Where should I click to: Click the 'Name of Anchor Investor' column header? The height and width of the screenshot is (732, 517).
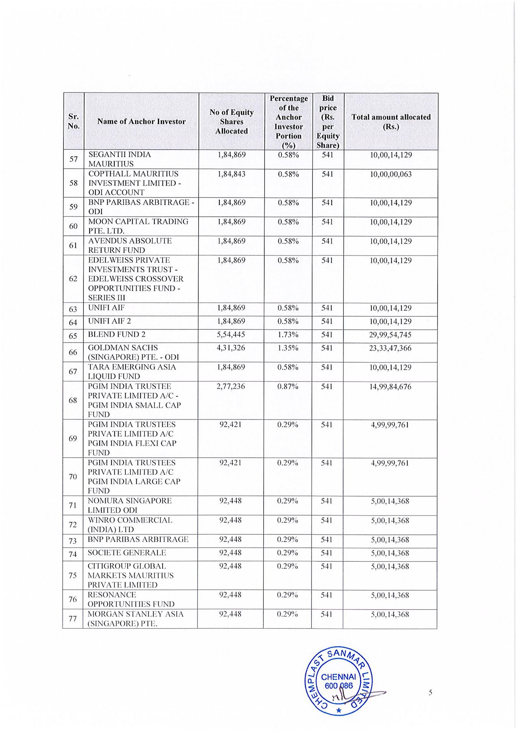[x=141, y=122]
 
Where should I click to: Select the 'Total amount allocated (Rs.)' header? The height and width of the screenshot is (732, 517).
[x=391, y=122]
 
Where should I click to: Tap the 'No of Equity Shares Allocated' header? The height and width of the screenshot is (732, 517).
[x=232, y=122]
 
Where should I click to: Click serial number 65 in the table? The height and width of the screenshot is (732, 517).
[x=73, y=336]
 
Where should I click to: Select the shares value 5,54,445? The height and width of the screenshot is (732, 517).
[x=231, y=335]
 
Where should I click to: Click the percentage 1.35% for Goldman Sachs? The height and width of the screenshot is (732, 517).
[x=288, y=348]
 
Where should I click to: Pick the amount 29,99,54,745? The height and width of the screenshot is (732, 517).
[x=390, y=335]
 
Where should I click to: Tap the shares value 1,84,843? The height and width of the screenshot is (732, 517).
[x=232, y=174]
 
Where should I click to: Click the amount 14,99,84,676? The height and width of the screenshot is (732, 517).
[x=390, y=387]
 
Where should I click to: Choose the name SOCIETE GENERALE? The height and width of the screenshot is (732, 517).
[x=127, y=553]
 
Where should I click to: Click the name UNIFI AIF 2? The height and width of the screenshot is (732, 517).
[x=110, y=321]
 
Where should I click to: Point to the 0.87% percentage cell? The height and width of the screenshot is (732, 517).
[x=288, y=386]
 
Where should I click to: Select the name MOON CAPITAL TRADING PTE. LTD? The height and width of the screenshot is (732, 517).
[x=138, y=226]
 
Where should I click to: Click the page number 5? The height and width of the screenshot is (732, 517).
[x=430, y=692]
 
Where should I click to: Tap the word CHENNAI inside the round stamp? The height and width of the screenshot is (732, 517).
[x=338, y=677]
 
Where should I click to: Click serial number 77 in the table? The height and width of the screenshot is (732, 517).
[x=73, y=619]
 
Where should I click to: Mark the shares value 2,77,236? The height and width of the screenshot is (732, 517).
[x=231, y=386]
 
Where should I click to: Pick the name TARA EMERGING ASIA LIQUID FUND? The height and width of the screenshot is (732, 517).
[x=132, y=372]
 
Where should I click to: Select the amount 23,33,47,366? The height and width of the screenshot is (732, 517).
[x=390, y=348]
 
